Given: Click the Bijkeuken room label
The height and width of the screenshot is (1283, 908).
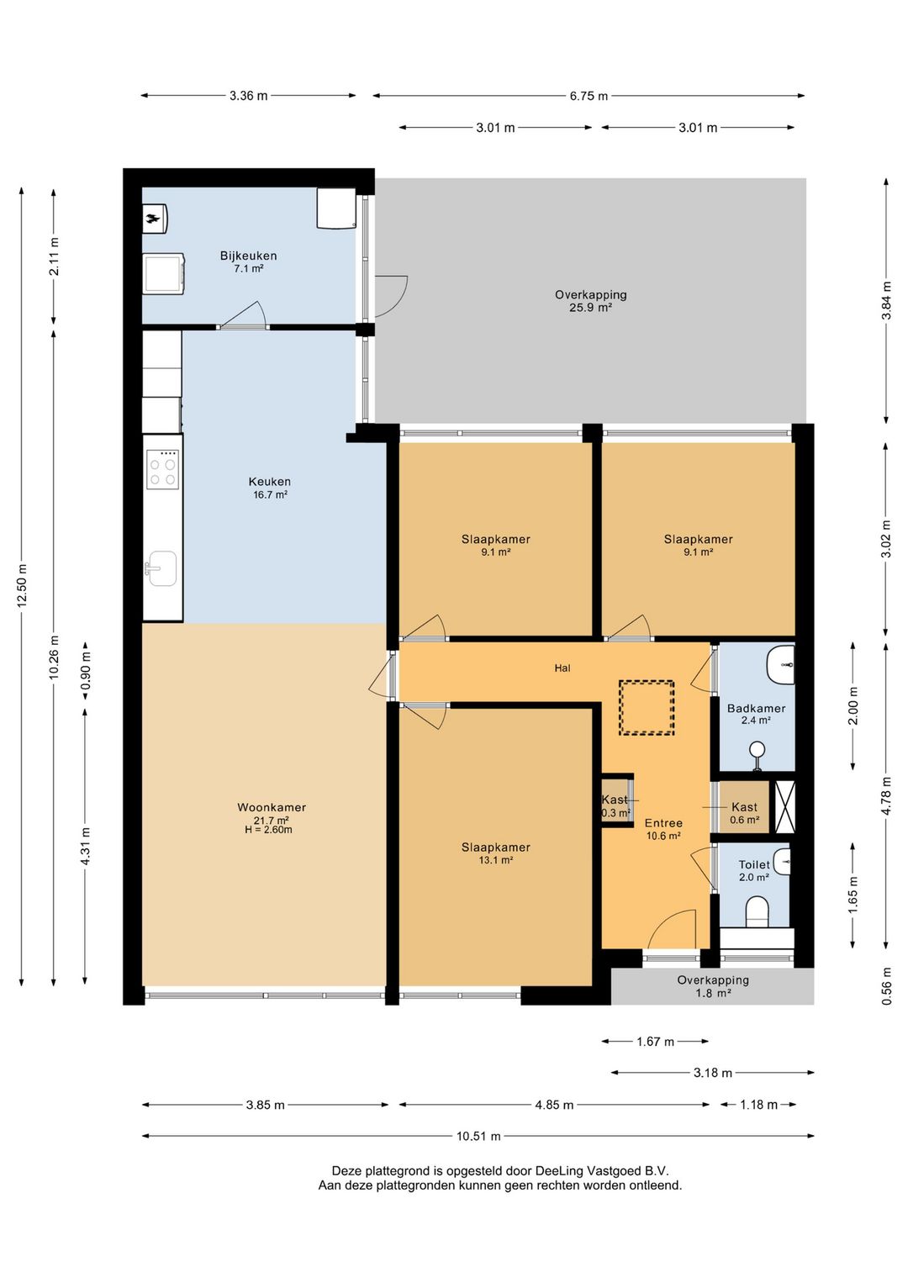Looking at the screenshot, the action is click(248, 256).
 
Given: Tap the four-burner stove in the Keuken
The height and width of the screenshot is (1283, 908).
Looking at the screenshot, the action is click(163, 469).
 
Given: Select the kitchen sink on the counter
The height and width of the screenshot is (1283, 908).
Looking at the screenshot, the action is click(162, 568).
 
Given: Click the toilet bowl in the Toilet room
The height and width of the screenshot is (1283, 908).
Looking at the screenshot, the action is click(758, 911).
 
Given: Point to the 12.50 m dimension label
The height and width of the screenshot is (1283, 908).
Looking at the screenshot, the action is click(22, 585).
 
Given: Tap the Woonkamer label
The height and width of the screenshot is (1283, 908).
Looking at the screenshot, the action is click(272, 807).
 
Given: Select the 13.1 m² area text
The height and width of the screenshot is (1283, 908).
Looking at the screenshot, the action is click(495, 860).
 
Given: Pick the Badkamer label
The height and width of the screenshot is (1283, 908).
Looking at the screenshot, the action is click(756, 708).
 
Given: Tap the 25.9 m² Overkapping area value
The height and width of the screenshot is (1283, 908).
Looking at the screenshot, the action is click(591, 308).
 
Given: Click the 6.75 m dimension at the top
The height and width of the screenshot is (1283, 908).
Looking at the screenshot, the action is click(589, 96).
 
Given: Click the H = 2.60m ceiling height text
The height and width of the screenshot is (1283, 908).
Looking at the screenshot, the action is click(268, 829).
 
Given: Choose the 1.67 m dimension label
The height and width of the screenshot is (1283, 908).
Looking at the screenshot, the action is click(656, 1042).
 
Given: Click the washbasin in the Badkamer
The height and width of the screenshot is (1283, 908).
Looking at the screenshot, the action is click(780, 665).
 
